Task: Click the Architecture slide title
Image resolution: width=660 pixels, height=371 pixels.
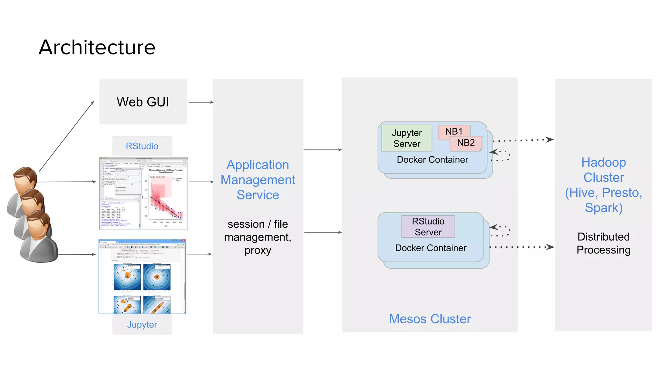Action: pyautogui.click(x=97, y=47)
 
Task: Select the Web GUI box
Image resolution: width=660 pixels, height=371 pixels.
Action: pyautogui.click(x=143, y=102)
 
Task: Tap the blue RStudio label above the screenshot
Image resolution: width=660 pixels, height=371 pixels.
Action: pyautogui.click(x=142, y=146)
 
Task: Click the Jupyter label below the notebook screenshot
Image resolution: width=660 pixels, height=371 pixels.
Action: pyautogui.click(x=142, y=324)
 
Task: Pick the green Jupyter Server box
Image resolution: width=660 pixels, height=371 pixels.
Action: pyautogui.click(x=407, y=138)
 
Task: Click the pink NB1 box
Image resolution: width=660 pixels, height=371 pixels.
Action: pyautogui.click(x=453, y=131)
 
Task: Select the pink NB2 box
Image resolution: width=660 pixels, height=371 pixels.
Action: pyautogui.click(x=466, y=143)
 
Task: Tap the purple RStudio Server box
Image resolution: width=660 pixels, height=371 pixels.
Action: pyautogui.click(x=428, y=226)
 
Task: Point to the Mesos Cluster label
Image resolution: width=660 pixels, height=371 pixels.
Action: pyautogui.click(x=430, y=319)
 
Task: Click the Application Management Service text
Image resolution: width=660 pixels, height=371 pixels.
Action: pyautogui.click(x=258, y=180)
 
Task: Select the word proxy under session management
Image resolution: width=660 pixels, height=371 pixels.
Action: pyautogui.click(x=258, y=250)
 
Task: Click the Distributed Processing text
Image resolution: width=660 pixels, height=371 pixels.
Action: pyautogui.click(x=603, y=243)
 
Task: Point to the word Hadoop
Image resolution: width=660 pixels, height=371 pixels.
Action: pyautogui.click(x=603, y=162)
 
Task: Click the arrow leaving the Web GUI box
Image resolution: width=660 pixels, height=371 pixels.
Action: pyautogui.click(x=201, y=102)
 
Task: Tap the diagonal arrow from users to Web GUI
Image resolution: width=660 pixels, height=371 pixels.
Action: pyautogui.click(x=66, y=137)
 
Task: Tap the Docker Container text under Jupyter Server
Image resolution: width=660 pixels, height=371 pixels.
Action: pyautogui.click(x=432, y=159)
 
